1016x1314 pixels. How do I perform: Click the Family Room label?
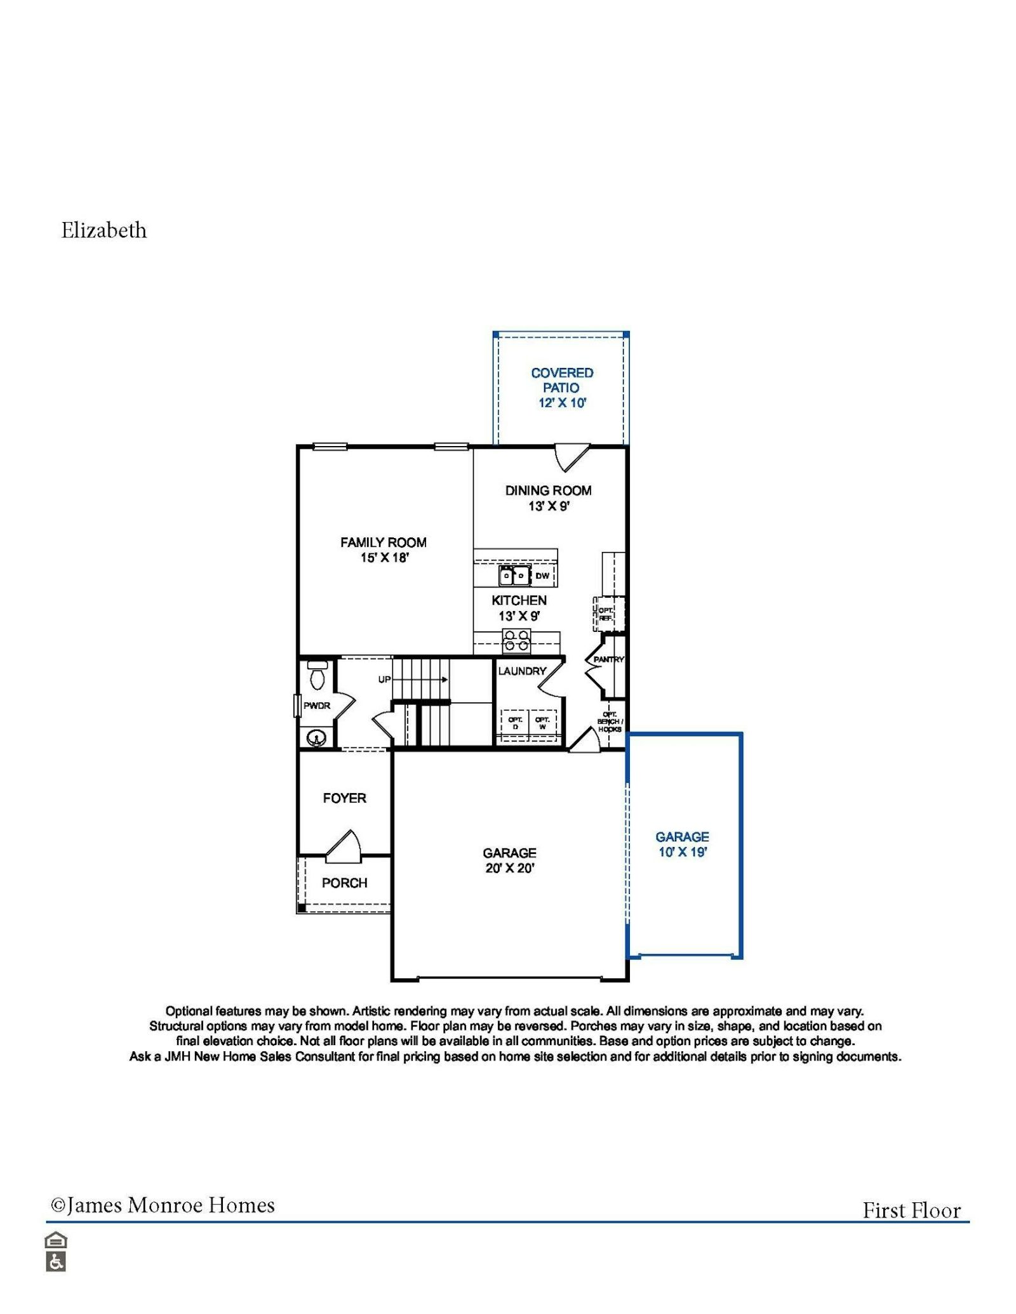point(383,542)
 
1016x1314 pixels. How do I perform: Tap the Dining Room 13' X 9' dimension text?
point(549,506)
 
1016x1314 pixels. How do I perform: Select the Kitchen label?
point(519,600)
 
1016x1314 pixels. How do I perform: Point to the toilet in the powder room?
point(317,675)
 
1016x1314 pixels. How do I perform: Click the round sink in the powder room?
point(316,738)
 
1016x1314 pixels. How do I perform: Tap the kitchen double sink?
point(514,575)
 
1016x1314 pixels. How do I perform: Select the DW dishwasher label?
point(542,576)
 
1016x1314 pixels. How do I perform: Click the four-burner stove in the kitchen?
point(516,640)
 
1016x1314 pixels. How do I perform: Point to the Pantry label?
point(609,660)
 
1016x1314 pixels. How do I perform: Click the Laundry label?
point(522,671)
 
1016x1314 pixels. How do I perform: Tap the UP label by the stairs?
point(384,680)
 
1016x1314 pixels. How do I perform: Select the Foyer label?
point(344,798)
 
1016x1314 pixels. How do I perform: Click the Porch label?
point(344,883)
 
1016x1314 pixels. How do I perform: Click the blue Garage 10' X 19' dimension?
point(683,852)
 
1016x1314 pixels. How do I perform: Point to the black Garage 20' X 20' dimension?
point(510,869)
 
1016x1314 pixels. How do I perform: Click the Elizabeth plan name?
point(104,230)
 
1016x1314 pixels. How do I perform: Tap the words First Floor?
point(911,1211)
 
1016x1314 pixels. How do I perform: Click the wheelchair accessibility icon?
point(56,1262)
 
